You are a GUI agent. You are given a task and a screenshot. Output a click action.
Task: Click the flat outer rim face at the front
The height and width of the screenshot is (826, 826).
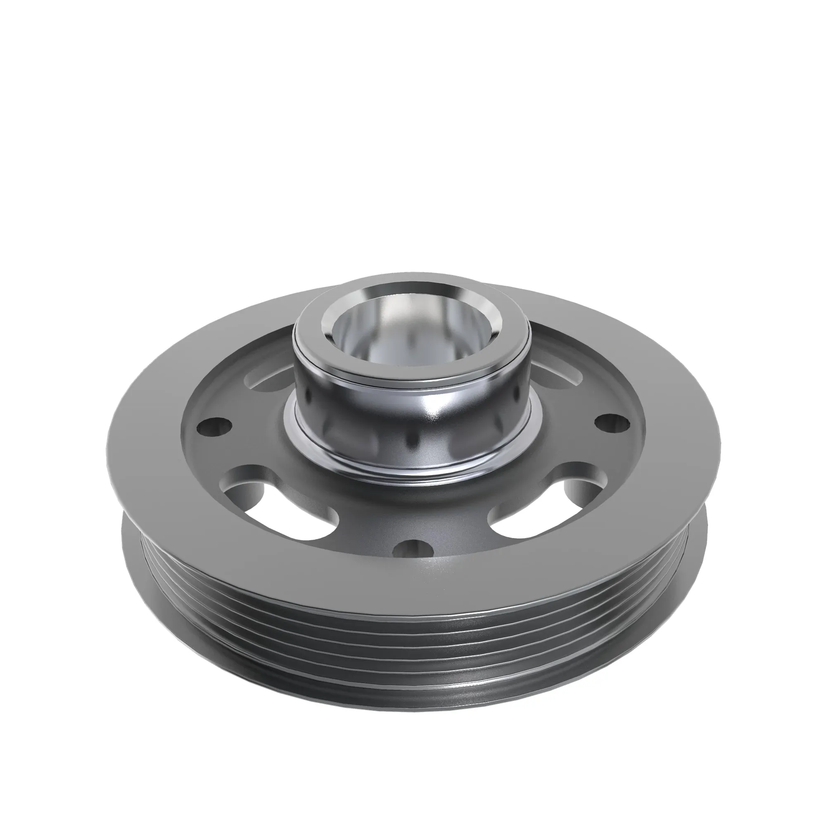(411, 586)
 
